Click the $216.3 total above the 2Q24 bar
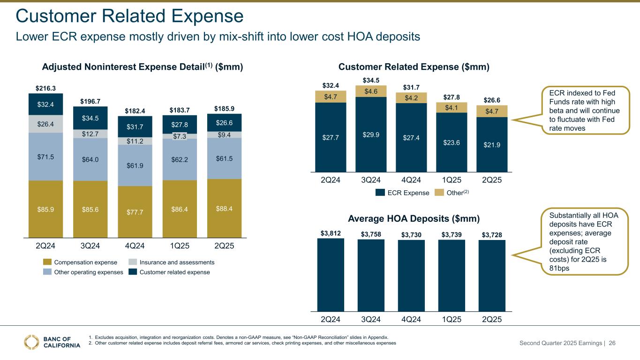(x=45, y=88)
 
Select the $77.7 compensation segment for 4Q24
(x=135, y=212)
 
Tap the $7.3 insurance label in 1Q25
(x=180, y=136)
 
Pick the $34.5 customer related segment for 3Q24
(x=90, y=118)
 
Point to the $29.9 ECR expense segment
(x=371, y=135)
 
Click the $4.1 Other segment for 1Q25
(x=452, y=107)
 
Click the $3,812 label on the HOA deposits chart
(x=331, y=232)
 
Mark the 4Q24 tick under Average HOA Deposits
(x=411, y=320)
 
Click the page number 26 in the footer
(x=612, y=343)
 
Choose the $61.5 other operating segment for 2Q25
(x=225, y=158)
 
